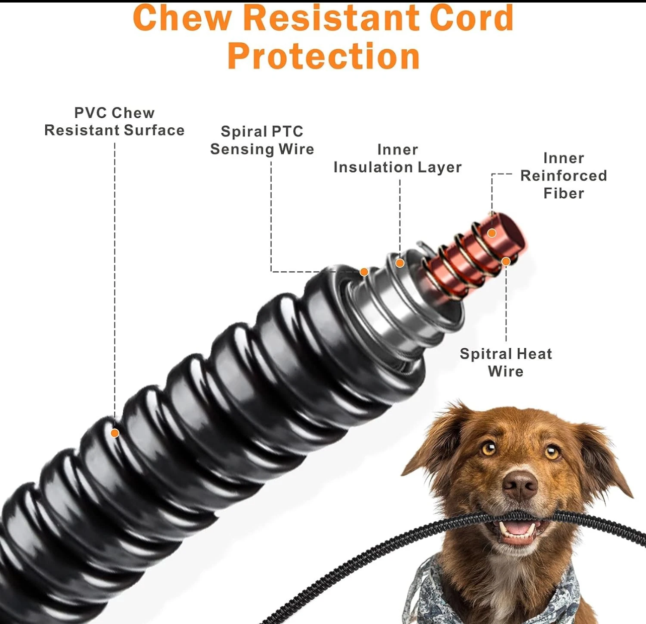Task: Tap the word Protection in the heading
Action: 324,56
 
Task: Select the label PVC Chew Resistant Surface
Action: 114,121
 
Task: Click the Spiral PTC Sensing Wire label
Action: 262,140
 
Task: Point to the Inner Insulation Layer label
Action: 397,158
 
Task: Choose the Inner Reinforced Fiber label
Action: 563,176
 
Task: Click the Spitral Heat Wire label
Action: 506,362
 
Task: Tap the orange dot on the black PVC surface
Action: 115,433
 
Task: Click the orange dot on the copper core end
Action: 492,232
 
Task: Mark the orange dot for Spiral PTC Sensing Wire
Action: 364,272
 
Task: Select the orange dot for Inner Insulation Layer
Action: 399,263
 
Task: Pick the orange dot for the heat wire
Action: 506,261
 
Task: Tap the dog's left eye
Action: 488,448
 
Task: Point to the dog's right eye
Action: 552,451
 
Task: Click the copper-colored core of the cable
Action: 473,257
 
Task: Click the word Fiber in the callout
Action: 563,193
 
